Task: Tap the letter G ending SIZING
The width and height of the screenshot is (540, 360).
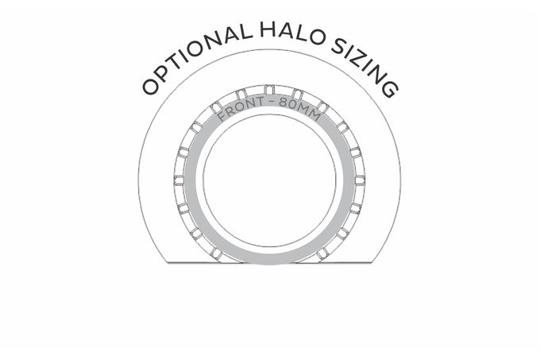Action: point(390,89)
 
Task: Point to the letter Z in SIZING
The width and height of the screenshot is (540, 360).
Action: point(361,60)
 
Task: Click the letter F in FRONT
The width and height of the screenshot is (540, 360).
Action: point(222,116)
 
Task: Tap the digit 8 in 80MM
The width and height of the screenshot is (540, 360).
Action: point(283,103)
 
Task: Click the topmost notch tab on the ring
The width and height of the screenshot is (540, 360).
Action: point(270,91)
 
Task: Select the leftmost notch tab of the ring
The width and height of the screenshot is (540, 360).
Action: point(179,180)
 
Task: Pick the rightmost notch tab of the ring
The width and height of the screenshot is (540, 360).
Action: point(360,180)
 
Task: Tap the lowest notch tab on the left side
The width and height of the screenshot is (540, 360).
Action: point(216,254)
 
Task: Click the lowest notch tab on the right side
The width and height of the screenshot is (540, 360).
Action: point(322,254)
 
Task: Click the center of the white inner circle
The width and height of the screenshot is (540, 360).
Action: point(270,180)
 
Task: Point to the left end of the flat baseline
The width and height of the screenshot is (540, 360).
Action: point(167,263)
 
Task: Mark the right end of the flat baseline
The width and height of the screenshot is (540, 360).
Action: point(372,263)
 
